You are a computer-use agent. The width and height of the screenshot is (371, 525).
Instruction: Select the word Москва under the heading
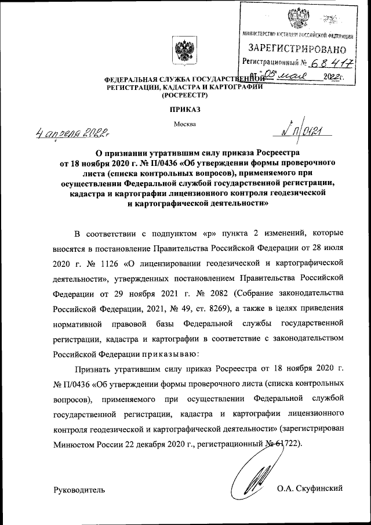tap(185, 123)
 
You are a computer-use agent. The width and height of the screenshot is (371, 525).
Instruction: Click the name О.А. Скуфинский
tap(310, 488)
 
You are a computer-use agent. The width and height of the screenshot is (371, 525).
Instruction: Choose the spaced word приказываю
tap(170, 353)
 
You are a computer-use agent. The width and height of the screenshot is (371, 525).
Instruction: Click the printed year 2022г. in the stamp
tap(334, 76)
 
